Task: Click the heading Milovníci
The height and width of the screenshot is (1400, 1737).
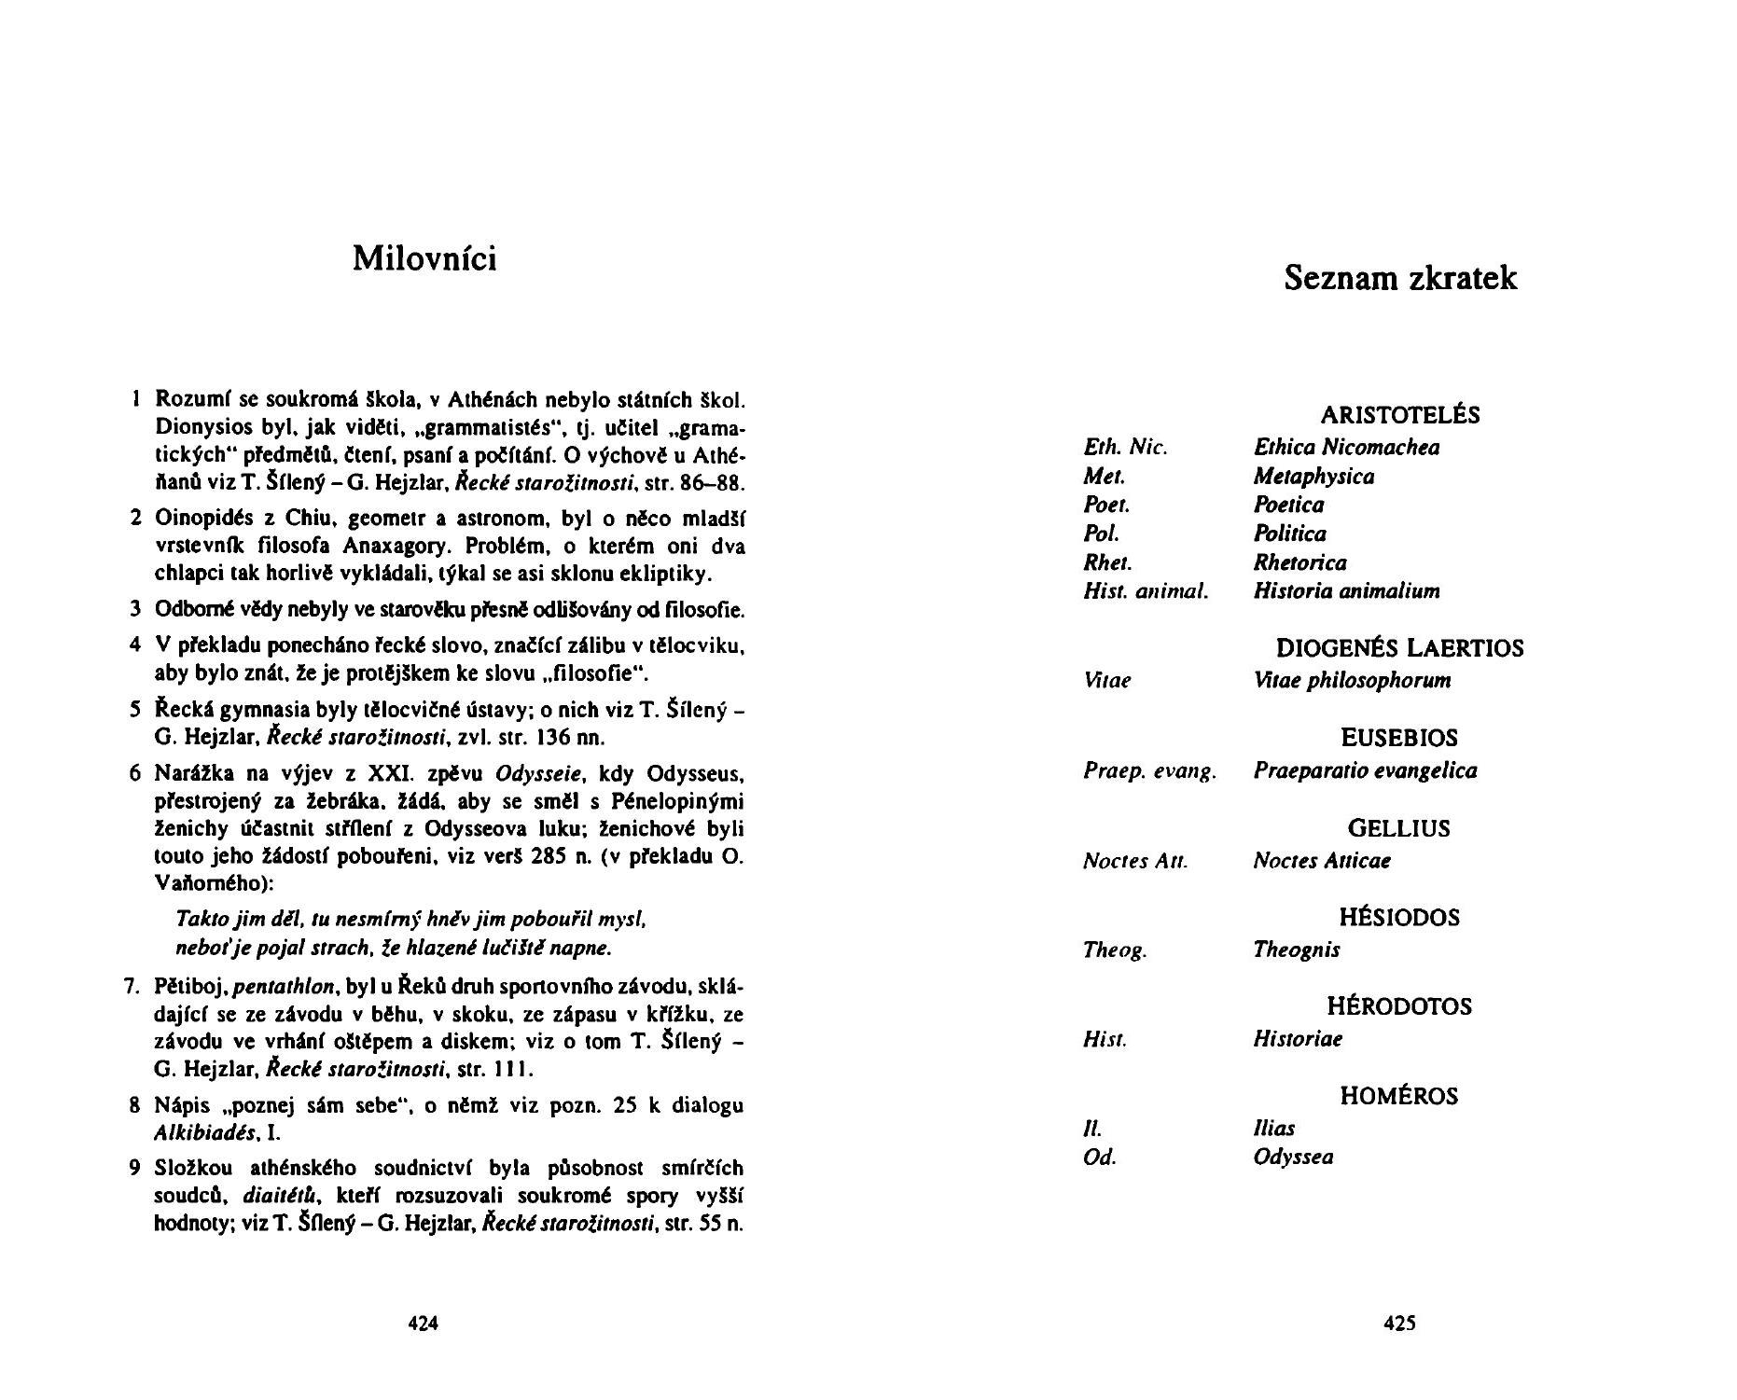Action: (424, 258)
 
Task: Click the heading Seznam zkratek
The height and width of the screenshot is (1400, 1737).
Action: (1400, 278)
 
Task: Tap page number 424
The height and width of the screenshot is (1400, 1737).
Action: (424, 1323)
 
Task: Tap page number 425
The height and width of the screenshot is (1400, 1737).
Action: (1399, 1323)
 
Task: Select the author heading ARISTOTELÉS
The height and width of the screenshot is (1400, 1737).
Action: (1399, 415)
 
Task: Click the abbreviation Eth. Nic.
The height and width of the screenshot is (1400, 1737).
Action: (1125, 448)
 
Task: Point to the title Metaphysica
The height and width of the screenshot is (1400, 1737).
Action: (1313, 477)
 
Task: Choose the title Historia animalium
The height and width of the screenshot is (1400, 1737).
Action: (1346, 590)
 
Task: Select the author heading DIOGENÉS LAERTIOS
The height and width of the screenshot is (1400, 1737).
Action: (1399, 648)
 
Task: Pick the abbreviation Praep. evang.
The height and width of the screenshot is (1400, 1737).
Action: (1149, 771)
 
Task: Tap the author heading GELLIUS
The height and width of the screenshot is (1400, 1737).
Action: (1398, 828)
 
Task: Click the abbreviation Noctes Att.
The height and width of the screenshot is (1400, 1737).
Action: (1135, 861)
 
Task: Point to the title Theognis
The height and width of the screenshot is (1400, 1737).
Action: (1296, 950)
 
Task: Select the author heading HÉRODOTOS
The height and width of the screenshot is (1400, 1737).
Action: (1399, 1006)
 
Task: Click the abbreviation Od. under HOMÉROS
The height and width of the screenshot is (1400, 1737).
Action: (1099, 1157)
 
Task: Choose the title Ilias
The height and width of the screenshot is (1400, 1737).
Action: (1273, 1129)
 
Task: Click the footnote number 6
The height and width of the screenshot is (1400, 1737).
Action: (136, 774)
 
